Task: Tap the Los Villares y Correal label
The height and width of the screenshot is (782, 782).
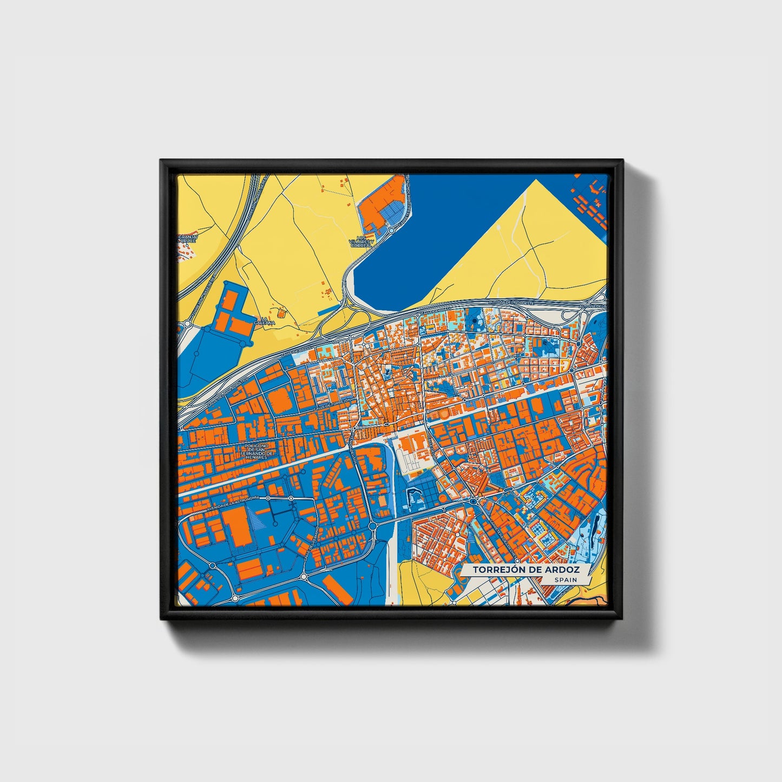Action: [362, 241]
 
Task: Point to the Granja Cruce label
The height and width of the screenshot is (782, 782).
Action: [189, 239]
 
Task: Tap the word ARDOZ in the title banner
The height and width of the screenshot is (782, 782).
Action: [563, 570]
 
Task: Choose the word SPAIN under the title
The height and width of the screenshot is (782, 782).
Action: [565, 580]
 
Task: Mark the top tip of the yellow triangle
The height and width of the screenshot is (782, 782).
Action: [536, 180]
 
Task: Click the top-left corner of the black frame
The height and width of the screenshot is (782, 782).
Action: [161, 160]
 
